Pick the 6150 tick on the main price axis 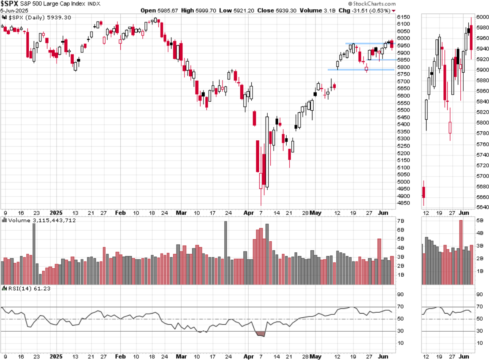[x=404, y=17]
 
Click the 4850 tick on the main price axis [x=404, y=203]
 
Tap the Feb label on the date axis [x=120, y=213]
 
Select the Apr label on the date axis [x=248, y=213]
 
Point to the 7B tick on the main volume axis [x=401, y=221]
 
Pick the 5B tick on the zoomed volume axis [x=480, y=220]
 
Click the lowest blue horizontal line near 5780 [x=361, y=70]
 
